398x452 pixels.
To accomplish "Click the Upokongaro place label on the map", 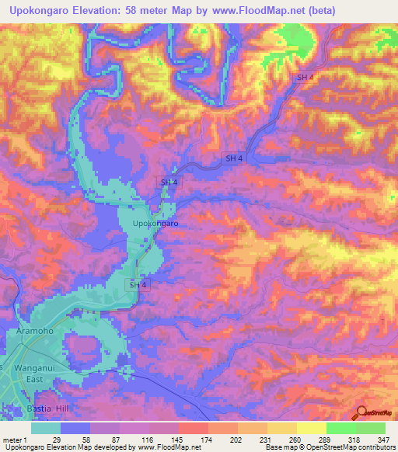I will click(x=156, y=224).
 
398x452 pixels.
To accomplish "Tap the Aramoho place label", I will click(x=35, y=332).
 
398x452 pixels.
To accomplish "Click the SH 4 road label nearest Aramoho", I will click(x=137, y=285).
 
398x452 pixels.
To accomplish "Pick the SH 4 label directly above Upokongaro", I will click(x=169, y=182).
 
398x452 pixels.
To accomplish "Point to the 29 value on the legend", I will click(x=56, y=439).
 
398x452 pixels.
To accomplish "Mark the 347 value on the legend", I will click(x=371, y=439).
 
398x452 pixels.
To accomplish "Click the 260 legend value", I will click(x=281, y=439).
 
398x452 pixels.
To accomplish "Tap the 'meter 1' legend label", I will click(x=15, y=439).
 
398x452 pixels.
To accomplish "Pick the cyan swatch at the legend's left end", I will click(x=46, y=428).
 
